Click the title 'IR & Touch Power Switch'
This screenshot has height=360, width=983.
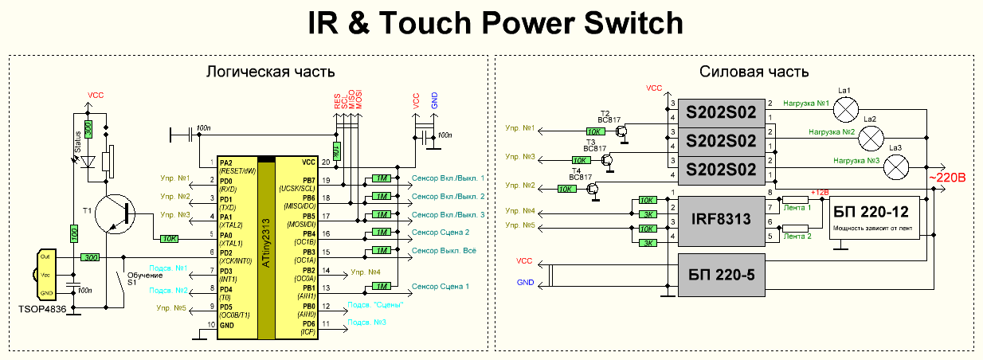click(495, 24)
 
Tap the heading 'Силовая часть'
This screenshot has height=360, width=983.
click(754, 72)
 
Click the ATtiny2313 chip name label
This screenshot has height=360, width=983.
click(266, 248)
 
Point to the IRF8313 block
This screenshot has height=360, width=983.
click(721, 217)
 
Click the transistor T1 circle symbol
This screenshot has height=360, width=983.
click(115, 213)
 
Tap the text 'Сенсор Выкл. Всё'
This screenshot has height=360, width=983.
click(444, 251)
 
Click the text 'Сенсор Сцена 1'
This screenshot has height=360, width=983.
click(440, 286)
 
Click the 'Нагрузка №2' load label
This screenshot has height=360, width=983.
click(832, 131)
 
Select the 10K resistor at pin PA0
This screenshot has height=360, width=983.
click(169, 237)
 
